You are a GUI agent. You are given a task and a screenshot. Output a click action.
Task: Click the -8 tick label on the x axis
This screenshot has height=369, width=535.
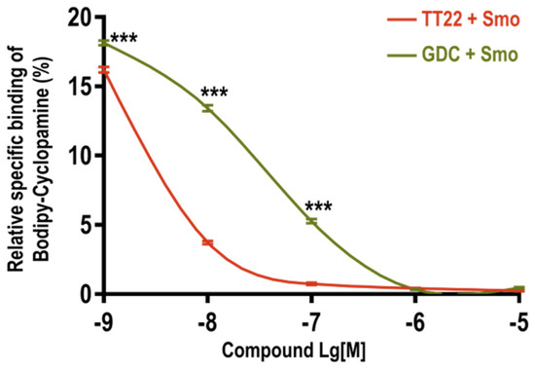coord(206,319)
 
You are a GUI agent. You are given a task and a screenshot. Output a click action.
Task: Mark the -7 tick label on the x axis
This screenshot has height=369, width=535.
coord(310,319)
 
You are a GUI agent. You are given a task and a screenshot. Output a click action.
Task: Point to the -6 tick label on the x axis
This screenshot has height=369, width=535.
coord(414,319)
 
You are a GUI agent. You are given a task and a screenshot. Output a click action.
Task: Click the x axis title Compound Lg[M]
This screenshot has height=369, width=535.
coord(310,348)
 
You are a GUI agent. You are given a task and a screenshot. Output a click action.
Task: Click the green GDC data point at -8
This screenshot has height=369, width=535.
coord(207,108)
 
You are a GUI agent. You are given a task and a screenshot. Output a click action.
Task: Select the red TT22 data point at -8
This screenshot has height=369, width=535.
coord(207,242)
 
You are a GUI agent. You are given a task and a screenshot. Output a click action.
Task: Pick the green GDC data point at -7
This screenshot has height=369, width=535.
coord(311,221)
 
